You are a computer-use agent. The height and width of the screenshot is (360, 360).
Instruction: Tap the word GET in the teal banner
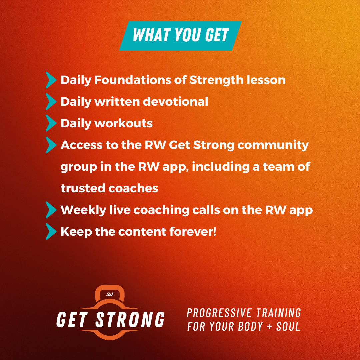point(217,35)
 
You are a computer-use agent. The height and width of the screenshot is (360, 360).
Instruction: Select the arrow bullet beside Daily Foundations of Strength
point(51,80)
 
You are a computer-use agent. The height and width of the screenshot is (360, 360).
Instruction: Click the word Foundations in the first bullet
point(133,80)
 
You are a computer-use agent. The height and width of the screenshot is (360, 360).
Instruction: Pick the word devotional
point(175,101)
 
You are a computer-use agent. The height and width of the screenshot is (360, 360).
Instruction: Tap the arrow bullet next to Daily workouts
point(51,123)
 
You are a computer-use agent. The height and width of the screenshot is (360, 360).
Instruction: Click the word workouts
point(124,123)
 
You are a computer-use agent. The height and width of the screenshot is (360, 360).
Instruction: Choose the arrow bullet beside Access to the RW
point(51,145)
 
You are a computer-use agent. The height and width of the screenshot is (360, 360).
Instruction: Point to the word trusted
point(83,188)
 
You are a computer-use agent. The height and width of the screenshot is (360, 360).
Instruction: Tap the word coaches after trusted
point(133,188)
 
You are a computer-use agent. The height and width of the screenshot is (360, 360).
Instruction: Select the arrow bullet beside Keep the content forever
point(51,231)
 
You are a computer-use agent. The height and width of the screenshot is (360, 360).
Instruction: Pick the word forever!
point(193,231)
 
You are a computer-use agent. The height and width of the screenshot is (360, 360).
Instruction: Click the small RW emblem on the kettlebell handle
point(110,294)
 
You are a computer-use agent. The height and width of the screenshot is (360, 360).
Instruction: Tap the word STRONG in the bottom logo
point(130,319)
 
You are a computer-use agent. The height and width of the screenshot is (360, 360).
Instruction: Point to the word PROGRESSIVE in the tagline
point(219,313)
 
